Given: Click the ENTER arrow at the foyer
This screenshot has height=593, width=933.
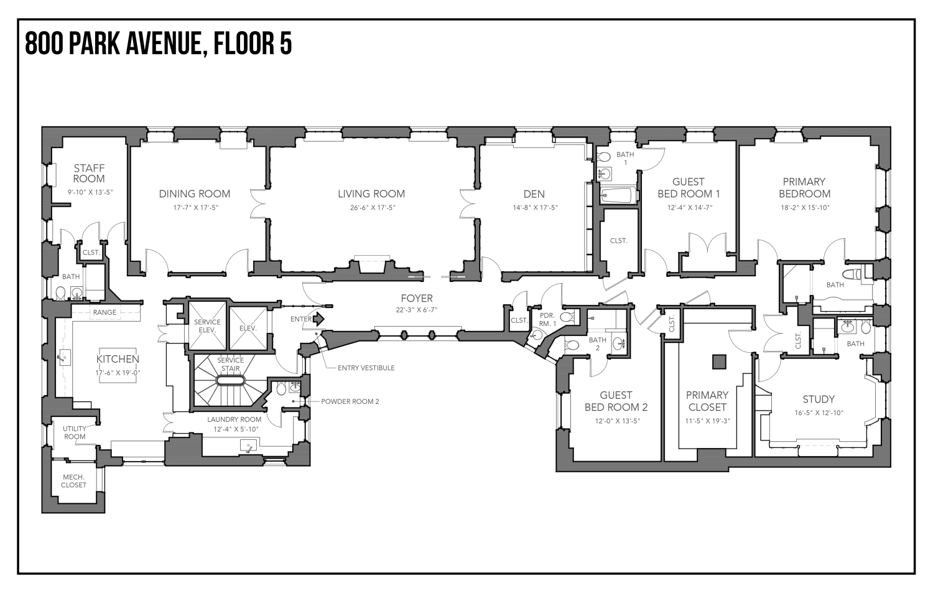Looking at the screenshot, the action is point(318,319).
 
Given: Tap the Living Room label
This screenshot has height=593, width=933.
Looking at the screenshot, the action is point(371,194).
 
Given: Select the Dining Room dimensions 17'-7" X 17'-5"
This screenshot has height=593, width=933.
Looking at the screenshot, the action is point(196,208).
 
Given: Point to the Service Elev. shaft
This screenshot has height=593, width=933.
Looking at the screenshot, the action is point(207,326).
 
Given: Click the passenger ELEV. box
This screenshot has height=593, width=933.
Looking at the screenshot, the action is point(248,329).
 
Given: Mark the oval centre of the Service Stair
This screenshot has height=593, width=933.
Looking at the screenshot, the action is point(230,381).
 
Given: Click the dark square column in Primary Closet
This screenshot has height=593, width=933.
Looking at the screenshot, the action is point(719,362).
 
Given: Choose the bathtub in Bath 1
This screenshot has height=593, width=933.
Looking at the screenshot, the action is point(618,195).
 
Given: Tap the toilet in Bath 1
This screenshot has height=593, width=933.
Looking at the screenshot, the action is point(603,157).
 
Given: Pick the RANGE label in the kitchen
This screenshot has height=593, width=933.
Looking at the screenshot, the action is point(104,312).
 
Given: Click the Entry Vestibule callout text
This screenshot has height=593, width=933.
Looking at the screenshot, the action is point(366,368).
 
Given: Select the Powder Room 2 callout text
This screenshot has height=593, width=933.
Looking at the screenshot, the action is point(350,402).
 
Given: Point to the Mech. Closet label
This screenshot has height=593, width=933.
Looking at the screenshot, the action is point(74,481).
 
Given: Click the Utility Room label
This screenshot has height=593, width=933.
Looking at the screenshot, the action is point(75,432).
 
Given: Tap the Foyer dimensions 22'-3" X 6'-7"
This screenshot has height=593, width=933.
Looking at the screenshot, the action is point(417,310).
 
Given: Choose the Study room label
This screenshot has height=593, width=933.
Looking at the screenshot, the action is point(819,399).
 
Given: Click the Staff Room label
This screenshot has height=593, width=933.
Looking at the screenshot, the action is point(89,174).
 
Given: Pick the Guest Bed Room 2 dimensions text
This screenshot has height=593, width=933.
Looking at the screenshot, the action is point(617,421).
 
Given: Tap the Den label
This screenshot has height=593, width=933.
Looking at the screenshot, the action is point(534,194).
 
